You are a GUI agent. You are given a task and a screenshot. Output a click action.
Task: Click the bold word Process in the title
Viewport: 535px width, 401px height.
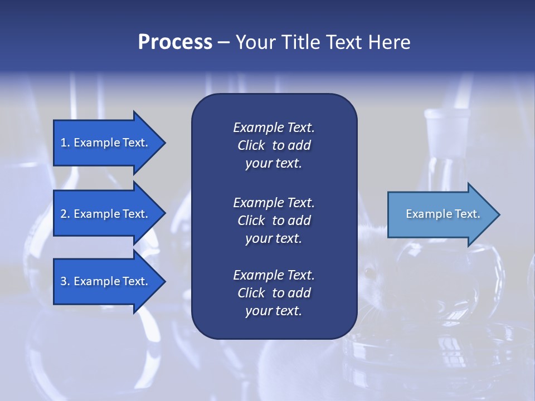175,42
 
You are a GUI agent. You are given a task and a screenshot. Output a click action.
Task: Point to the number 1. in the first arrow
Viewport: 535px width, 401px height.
65,143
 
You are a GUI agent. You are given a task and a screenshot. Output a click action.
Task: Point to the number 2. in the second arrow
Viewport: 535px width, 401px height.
65,214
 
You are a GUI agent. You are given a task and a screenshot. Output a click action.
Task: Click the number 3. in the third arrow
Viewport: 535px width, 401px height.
65,281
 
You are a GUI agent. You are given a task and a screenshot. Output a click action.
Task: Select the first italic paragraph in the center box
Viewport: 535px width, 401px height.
274,145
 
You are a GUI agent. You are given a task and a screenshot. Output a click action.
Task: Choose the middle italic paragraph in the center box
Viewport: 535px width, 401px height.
274,220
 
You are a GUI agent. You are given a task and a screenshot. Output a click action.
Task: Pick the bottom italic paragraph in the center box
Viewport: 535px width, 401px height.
274,293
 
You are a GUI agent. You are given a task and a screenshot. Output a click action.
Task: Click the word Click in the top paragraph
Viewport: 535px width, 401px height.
251,145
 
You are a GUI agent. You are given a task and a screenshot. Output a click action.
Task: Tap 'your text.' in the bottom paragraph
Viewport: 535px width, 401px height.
274,311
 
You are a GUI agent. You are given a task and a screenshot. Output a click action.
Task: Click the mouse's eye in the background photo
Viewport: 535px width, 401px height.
368,272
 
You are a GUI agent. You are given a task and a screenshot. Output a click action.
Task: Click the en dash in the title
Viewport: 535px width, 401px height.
223,43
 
